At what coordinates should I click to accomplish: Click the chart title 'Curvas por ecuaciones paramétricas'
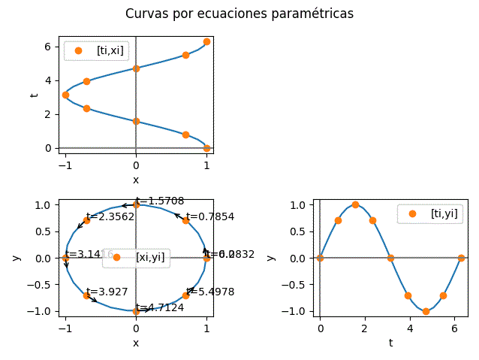(239, 14)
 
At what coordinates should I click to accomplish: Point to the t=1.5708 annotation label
(160, 201)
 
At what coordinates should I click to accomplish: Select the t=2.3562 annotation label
(110, 216)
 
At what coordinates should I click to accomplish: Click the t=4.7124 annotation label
(160, 307)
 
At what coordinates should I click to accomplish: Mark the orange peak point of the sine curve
(355, 204)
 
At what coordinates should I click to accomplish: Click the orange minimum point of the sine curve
(426, 311)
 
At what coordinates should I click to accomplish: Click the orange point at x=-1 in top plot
(65, 95)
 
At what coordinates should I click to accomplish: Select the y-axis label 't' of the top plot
(33, 95)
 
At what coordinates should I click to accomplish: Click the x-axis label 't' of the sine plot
(390, 343)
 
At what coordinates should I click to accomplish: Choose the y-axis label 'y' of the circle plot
(17, 258)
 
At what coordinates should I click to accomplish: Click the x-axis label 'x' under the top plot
(136, 180)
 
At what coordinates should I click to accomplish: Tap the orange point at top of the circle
(136, 204)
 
